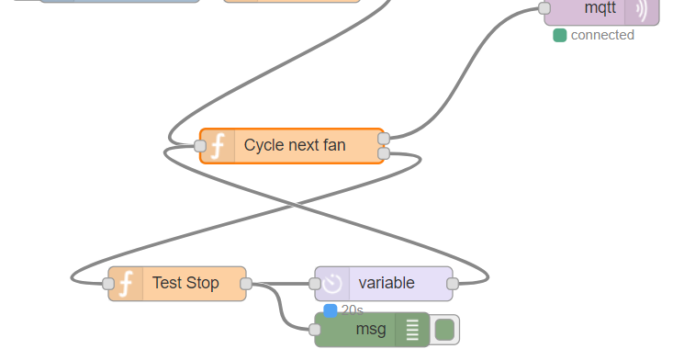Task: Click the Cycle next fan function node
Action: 294,145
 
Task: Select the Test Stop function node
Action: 185,283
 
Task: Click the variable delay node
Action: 386,283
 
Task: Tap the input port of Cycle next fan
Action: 200,145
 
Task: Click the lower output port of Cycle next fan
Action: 384,152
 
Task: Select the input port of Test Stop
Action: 108,284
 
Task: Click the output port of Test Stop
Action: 246,284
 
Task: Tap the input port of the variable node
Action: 315,284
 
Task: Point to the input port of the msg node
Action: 315,329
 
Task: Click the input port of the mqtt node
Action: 544,9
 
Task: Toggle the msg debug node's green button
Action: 444,329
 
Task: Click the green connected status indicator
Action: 559,36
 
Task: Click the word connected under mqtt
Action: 602,35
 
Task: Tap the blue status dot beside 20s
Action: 331,310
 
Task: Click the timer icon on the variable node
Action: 331,284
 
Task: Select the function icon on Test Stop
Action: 126,284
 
